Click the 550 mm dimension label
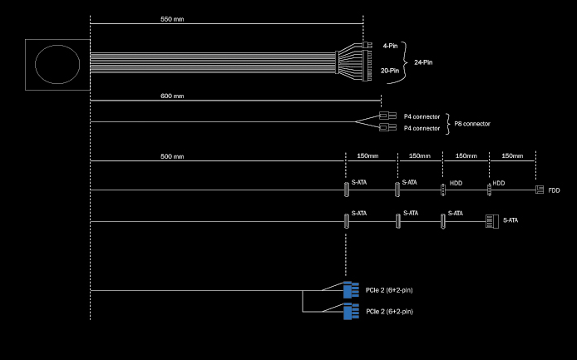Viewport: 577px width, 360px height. coord(172,19)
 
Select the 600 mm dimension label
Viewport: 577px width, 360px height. coord(172,96)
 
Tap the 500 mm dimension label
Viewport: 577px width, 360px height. coord(172,156)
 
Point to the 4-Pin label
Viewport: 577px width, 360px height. coord(391,46)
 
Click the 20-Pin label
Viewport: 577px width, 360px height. coord(390,71)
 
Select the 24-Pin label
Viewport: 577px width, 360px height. coord(423,62)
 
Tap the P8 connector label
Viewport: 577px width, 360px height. coord(472,124)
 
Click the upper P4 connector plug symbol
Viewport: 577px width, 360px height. coord(388,116)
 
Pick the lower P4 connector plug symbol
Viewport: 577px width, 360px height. coord(388,127)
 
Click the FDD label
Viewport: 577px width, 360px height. coord(554,190)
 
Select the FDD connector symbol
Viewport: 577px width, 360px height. coord(540,190)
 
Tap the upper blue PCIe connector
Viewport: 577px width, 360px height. coord(351,289)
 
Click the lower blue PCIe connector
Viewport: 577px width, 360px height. coord(351,312)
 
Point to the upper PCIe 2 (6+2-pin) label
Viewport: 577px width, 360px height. coord(389,290)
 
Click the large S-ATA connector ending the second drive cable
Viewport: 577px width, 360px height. coord(492,221)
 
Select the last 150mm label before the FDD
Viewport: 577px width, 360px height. coord(512,155)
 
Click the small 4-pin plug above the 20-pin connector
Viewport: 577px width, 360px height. coord(367,45)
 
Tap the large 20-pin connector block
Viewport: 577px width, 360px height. coord(367,66)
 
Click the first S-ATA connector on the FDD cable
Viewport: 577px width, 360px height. coord(346,190)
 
